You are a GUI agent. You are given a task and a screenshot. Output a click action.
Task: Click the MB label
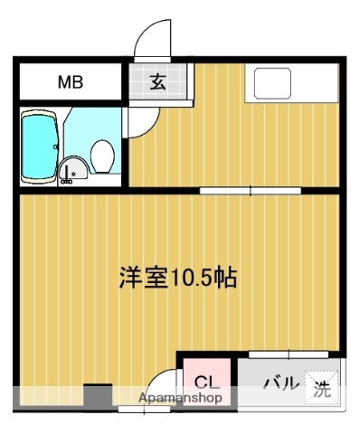(x=70, y=82)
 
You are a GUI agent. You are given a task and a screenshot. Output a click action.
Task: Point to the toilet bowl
(x=102, y=156)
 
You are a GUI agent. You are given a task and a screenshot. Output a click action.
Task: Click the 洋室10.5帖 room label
(x=177, y=278)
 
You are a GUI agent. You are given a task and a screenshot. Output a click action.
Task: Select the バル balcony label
(x=279, y=383)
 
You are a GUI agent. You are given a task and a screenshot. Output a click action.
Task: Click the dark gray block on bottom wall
(x=98, y=396)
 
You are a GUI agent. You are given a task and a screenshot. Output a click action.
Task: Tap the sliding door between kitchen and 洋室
(x=251, y=190)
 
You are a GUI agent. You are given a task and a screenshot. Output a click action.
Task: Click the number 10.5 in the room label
(x=195, y=278)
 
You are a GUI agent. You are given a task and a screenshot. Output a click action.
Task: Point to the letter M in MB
(x=63, y=82)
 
